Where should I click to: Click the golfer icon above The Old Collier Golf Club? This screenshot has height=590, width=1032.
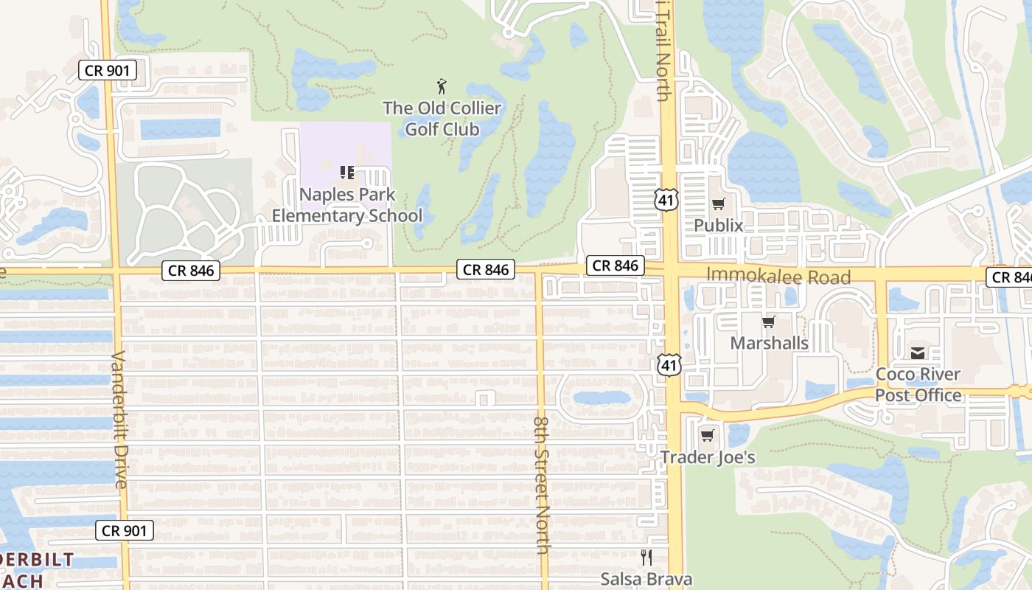[442, 86]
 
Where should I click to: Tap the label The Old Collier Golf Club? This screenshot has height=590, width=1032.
[442, 119]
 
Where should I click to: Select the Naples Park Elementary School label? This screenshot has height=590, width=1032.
[347, 205]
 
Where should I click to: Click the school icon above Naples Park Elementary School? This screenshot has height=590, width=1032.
[347, 173]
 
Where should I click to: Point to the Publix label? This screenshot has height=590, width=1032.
[719, 226]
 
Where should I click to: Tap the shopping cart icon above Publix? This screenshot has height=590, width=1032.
[719, 204]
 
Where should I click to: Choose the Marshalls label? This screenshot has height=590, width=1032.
[769, 344]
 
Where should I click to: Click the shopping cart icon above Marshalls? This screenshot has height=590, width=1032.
[769, 322]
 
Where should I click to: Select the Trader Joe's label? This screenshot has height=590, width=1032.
[708, 457]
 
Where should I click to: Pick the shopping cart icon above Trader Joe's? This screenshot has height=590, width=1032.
[708, 436]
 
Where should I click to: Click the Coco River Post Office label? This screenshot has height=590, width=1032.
[918, 384]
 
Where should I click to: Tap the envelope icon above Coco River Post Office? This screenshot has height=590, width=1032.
[918, 353]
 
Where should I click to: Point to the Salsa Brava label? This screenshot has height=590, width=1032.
[646, 579]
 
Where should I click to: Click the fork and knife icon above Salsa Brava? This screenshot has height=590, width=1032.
[646, 558]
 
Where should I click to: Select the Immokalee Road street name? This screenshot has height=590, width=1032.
[778, 277]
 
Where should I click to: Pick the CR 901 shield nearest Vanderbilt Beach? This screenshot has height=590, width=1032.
[125, 530]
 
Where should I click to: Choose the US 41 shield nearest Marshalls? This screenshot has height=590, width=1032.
[669, 363]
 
